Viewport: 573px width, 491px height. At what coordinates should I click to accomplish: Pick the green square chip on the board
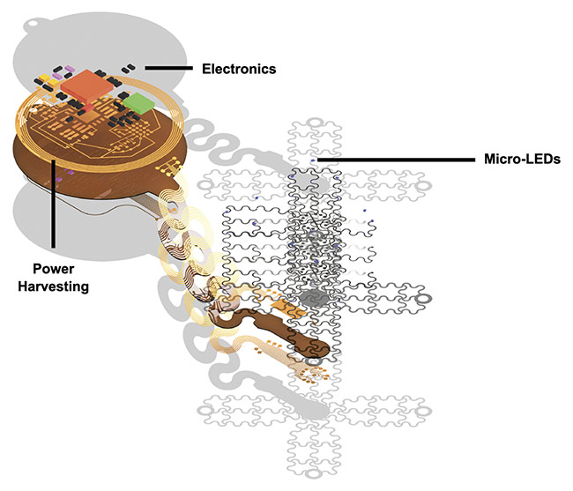point(137,105)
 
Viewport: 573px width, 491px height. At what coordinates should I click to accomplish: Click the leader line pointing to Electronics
point(168,68)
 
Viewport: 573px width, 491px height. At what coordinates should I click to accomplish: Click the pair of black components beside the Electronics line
point(129,67)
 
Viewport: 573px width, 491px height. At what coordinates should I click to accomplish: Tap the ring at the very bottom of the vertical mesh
point(310,473)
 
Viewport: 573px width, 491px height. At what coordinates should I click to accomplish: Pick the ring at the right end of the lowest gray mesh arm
point(424,412)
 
